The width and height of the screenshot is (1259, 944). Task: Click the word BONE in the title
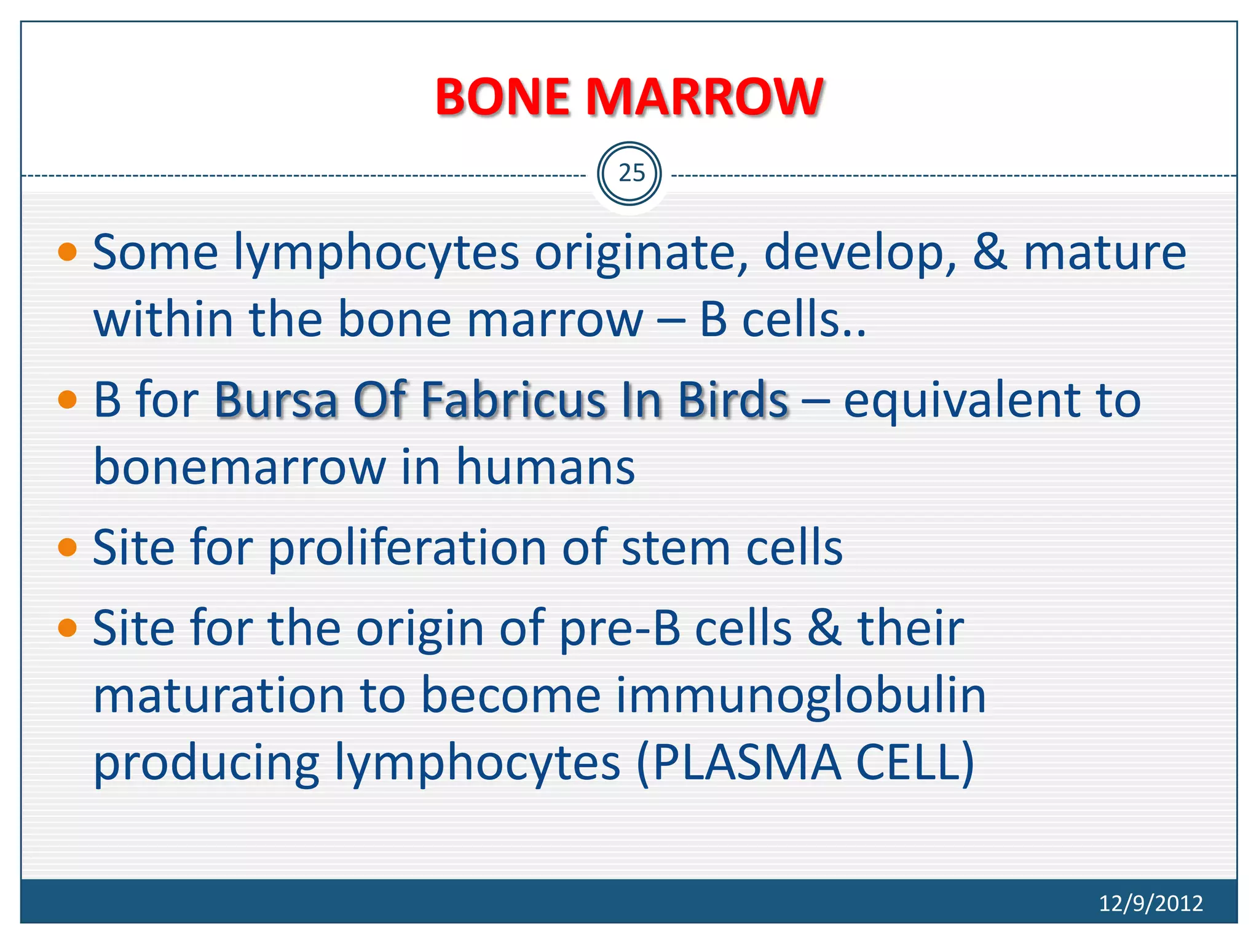503,97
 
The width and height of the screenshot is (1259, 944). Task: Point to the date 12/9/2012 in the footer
1150,903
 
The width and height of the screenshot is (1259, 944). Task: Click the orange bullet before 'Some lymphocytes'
67,252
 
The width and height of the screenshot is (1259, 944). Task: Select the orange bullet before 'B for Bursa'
67,400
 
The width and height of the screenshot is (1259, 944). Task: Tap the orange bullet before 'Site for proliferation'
67,546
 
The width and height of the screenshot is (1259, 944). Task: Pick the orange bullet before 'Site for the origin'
67,627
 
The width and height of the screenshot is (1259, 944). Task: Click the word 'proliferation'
407,548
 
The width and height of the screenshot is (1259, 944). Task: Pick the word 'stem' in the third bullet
676,548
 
